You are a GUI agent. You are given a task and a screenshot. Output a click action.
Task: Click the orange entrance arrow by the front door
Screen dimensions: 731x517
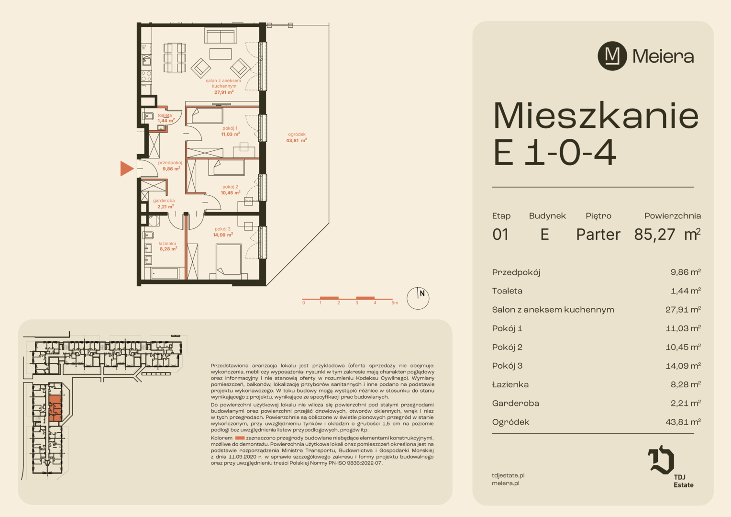[x=127, y=169]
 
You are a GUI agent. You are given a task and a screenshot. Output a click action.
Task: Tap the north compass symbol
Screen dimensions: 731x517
[x=418, y=298]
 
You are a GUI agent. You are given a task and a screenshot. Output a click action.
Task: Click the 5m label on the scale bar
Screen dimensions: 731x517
[x=395, y=303]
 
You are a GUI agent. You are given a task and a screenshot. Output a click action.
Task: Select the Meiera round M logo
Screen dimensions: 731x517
[x=612, y=56]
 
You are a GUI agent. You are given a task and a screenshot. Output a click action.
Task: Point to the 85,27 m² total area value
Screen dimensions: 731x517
[x=667, y=234]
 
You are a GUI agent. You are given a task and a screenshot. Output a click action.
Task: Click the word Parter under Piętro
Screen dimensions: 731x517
[x=598, y=235]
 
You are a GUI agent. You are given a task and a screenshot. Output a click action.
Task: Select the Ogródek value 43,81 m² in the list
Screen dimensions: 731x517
[x=683, y=422]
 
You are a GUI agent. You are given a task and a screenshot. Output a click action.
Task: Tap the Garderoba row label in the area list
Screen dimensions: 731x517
[x=516, y=404]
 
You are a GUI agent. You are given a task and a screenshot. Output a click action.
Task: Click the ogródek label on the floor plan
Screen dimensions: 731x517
[x=297, y=134]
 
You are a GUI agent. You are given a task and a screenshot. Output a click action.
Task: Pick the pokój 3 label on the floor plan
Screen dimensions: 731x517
[x=222, y=229]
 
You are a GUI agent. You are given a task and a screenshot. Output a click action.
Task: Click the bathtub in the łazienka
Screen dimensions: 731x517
[x=165, y=273]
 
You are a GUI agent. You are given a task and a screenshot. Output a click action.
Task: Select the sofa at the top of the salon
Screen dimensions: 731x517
[x=221, y=35]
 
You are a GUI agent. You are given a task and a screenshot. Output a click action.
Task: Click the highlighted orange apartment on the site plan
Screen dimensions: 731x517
[x=55, y=408]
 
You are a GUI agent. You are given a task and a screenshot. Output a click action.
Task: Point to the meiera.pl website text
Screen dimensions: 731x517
[x=506, y=483]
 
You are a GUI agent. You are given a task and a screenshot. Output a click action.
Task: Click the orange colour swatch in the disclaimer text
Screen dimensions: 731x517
[x=240, y=438]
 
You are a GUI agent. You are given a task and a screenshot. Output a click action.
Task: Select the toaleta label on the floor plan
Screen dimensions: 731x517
[x=165, y=115]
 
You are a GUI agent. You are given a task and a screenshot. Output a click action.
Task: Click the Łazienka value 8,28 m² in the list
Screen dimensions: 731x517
[x=686, y=384]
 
